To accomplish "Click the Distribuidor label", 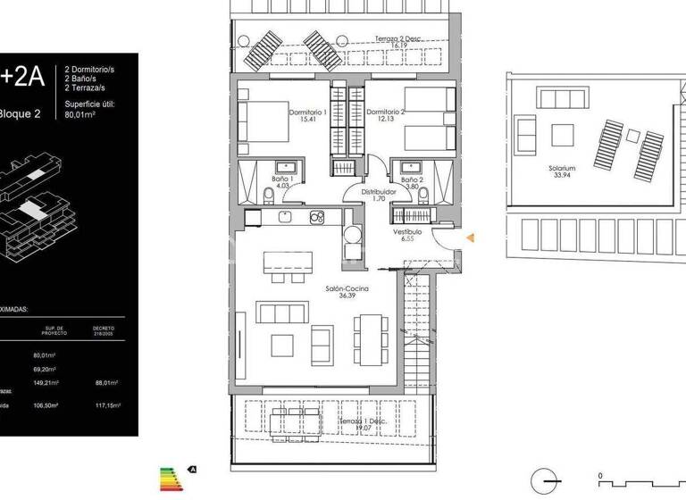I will pos(378,196).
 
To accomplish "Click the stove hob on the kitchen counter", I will pos(316,217).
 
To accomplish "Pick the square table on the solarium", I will pos(562,135).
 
